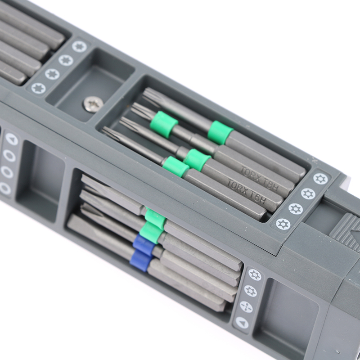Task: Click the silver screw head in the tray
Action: pyautogui.click(x=92, y=104)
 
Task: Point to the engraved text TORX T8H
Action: pyautogui.click(x=260, y=179)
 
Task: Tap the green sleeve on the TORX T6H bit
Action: pyautogui.click(x=176, y=166)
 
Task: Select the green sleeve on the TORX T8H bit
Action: pyautogui.click(x=197, y=160)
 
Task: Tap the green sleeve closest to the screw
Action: pyautogui.click(x=164, y=125)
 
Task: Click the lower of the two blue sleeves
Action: pyautogui.click(x=141, y=261)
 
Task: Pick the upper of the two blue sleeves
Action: pyautogui.click(x=144, y=246)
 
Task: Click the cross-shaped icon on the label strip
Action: pyautogui.click(x=246, y=307)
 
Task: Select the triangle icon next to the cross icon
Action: pyautogui.click(x=242, y=323)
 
